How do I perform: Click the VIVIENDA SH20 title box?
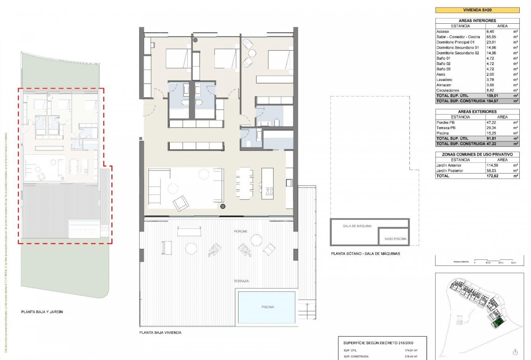(477, 10)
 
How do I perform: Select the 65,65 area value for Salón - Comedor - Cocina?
(491, 37)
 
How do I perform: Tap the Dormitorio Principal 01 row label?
(455, 42)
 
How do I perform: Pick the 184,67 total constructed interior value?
(493, 101)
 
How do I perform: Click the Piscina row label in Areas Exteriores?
(443, 133)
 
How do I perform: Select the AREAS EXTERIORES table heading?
(477, 111)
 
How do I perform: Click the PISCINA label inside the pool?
(267, 307)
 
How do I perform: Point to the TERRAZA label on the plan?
(241, 281)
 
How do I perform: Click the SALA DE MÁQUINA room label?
(354, 226)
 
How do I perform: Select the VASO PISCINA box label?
(395, 239)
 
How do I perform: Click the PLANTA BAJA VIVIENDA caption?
(160, 333)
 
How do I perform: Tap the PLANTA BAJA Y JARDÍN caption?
(42, 312)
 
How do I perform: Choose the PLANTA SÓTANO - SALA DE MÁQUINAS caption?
(365, 254)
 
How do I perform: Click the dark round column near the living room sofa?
(222, 206)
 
